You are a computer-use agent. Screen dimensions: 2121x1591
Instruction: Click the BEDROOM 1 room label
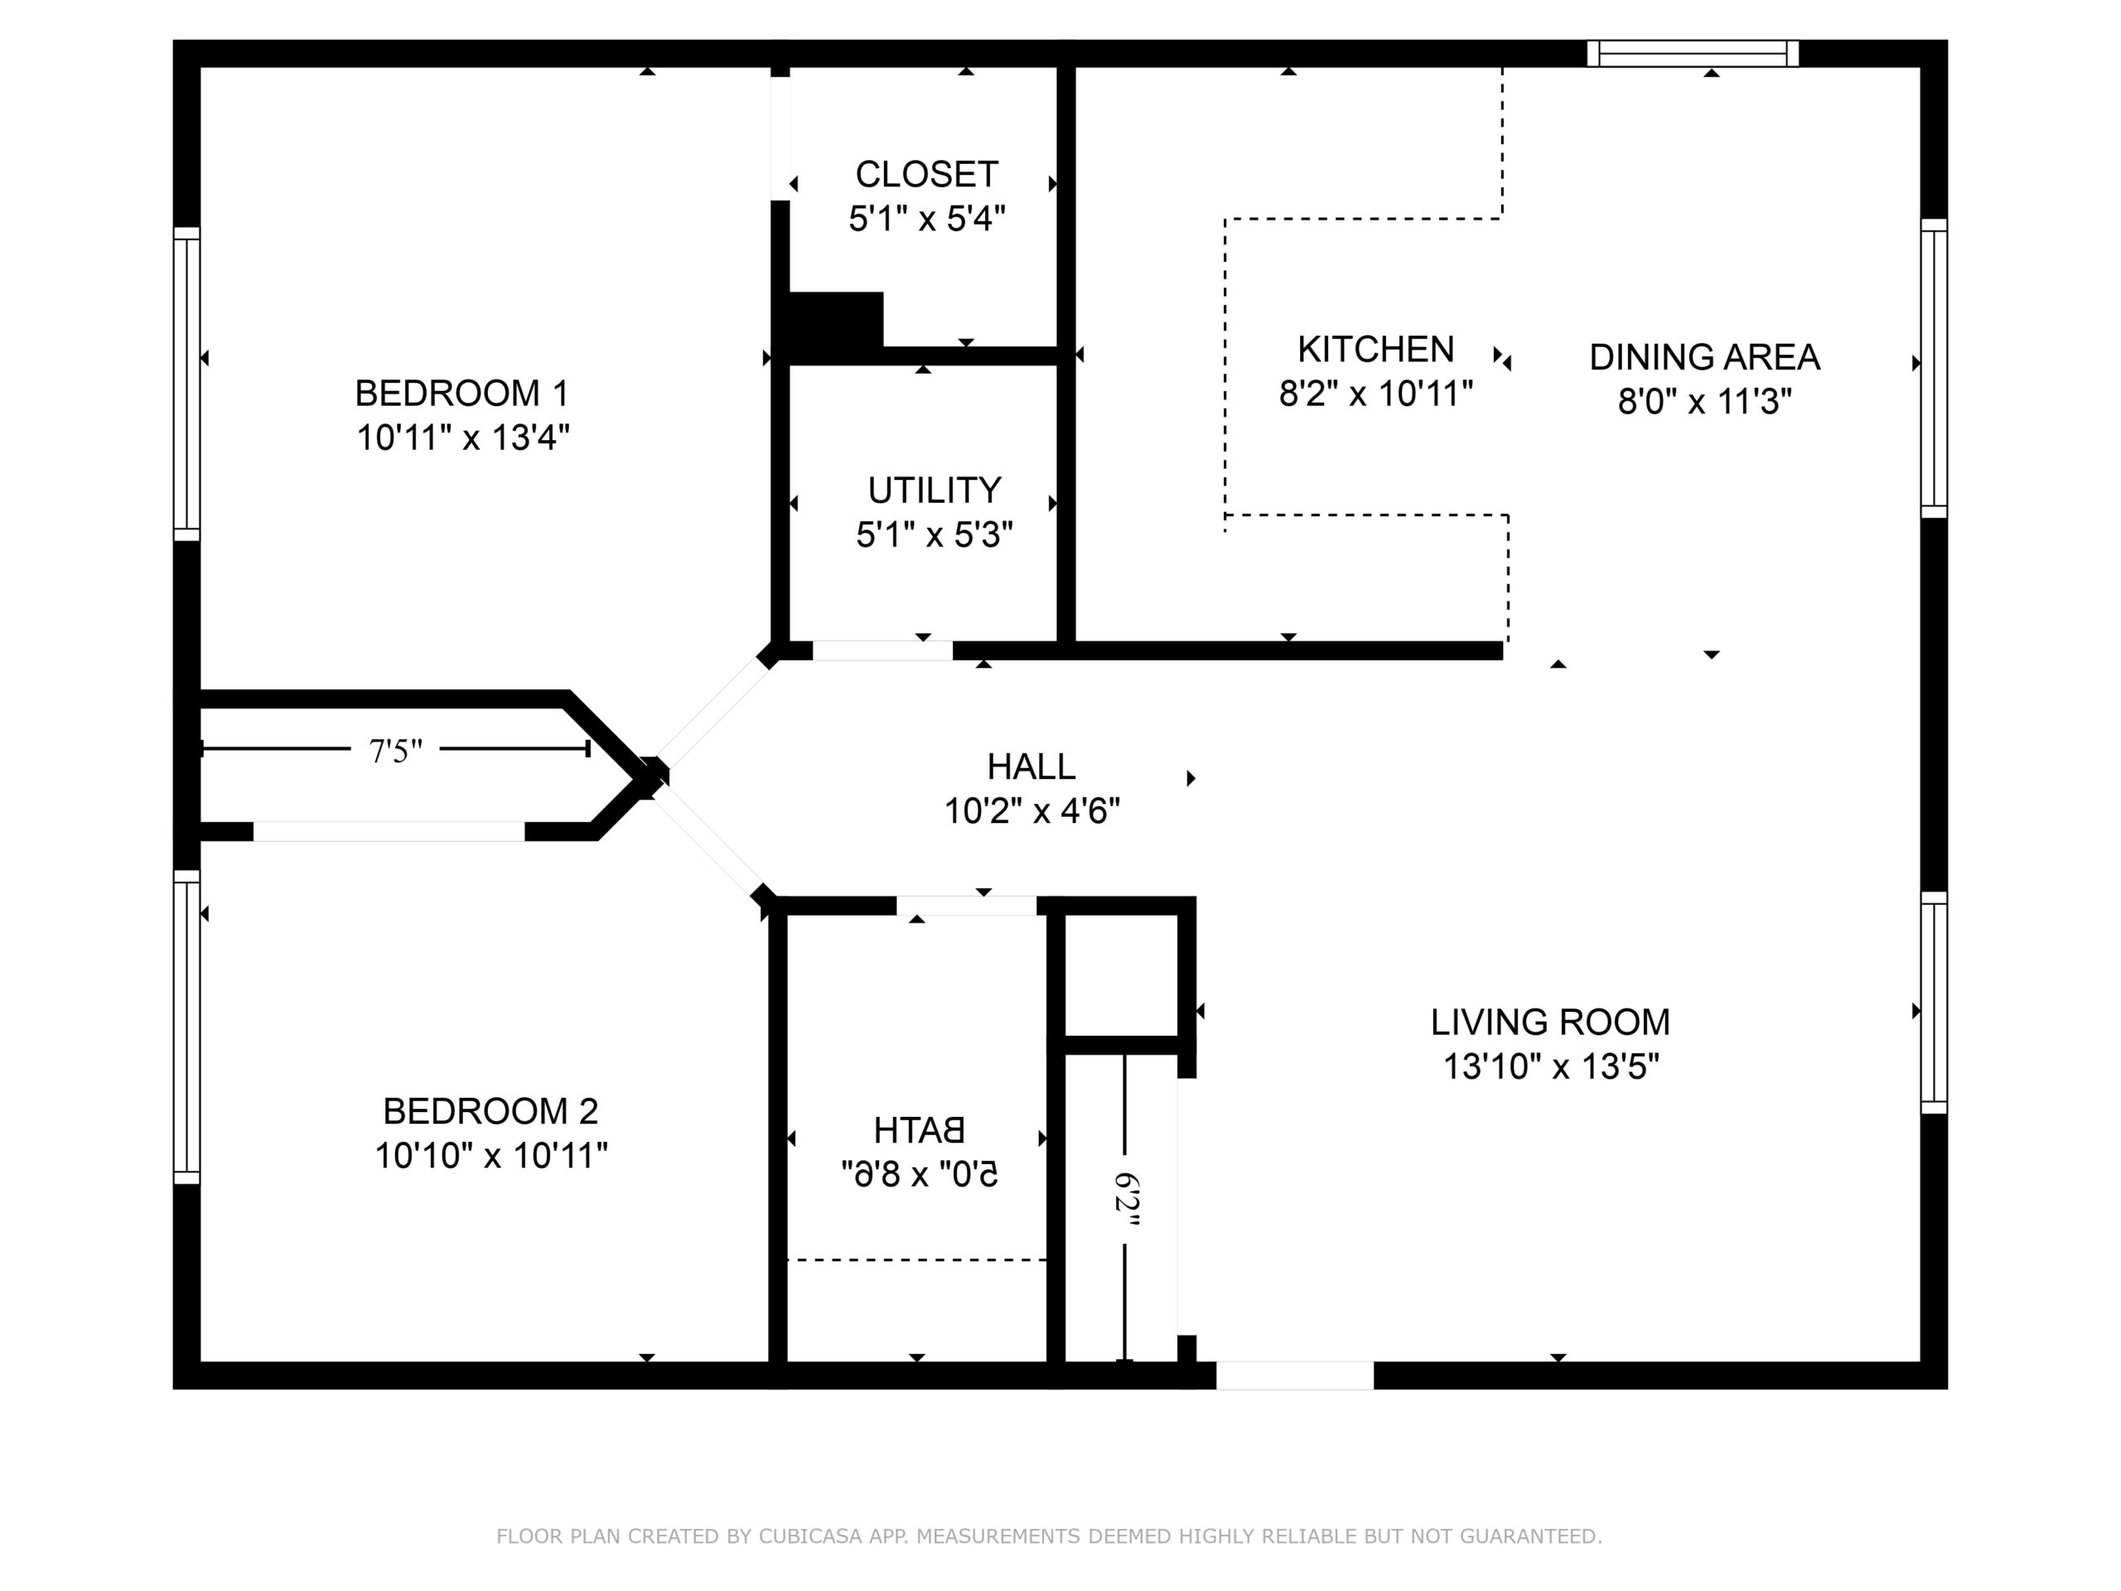pyautogui.click(x=462, y=394)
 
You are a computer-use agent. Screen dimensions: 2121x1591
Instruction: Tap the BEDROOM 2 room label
pyautogui.click(x=491, y=1111)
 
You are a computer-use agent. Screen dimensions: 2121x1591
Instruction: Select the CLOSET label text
pyautogui.click(x=926, y=175)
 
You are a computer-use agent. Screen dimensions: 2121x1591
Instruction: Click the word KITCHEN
pyautogui.click(x=1376, y=349)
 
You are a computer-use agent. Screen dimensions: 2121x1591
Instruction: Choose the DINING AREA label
pyautogui.click(x=1705, y=357)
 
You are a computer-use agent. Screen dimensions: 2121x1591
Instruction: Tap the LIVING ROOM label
pyautogui.click(x=1550, y=1023)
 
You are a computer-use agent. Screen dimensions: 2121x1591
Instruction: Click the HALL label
pyautogui.click(x=1032, y=766)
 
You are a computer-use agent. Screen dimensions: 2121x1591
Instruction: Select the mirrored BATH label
pyautogui.click(x=919, y=1129)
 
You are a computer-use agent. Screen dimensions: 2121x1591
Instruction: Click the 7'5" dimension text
pyautogui.click(x=396, y=751)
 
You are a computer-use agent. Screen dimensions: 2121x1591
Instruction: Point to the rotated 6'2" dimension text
pyautogui.click(x=1126, y=1202)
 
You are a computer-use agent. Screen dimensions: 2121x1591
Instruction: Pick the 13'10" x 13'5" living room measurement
pyautogui.click(x=1550, y=1066)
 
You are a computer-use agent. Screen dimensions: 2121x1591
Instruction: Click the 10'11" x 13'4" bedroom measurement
pyautogui.click(x=462, y=438)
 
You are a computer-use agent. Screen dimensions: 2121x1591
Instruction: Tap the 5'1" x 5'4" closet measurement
pyautogui.click(x=926, y=219)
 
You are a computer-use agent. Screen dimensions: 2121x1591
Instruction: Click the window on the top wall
pyautogui.click(x=1693, y=54)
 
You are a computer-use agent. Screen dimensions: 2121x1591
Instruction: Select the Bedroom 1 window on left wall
pyautogui.click(x=187, y=384)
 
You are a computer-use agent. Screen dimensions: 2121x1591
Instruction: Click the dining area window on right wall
pyautogui.click(x=1934, y=368)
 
